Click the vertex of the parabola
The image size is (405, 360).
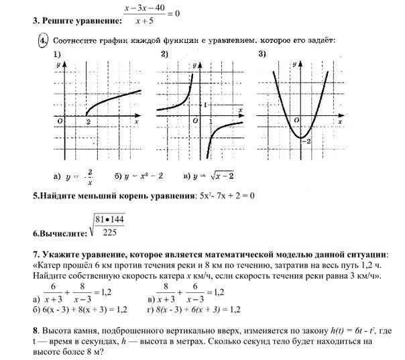tap(300, 137)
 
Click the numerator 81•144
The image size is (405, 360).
tap(110, 220)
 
